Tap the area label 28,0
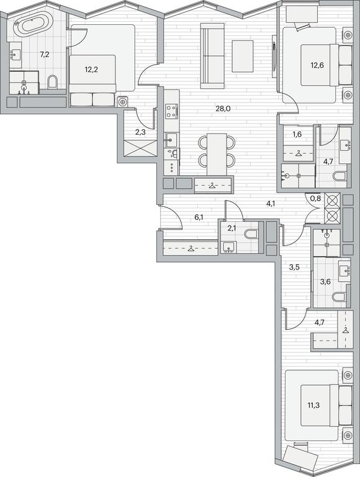click(x=223, y=109)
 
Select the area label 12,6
click(x=317, y=65)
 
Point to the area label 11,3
click(x=313, y=405)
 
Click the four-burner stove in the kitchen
click(x=171, y=111)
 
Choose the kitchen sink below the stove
click(x=171, y=140)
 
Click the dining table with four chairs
click(x=217, y=154)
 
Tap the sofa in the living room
click(x=212, y=56)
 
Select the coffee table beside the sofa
click(x=242, y=57)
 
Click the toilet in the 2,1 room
click(x=251, y=234)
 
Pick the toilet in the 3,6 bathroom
click(x=339, y=298)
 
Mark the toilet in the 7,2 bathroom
click(x=52, y=81)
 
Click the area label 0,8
click(x=315, y=198)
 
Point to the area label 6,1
click(x=199, y=217)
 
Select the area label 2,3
click(x=140, y=133)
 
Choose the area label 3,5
click(x=294, y=268)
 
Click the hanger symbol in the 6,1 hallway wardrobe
click(x=191, y=249)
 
